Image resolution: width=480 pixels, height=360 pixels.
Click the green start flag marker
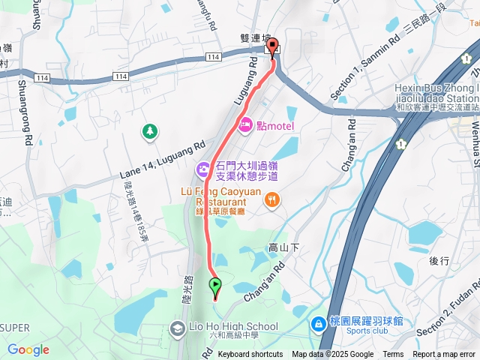click(216, 286)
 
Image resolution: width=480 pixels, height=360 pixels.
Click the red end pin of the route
click(272, 46)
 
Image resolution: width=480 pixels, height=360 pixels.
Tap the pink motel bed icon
click(244, 125)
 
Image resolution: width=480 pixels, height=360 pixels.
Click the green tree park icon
click(150, 131)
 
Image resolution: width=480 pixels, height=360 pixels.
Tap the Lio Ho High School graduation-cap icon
click(177, 327)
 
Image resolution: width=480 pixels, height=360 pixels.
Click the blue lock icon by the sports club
click(318, 322)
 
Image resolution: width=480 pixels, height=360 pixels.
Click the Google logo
click(28, 349)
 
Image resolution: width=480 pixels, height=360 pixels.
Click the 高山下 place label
click(283, 247)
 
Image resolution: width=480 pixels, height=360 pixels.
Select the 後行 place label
click(439, 261)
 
